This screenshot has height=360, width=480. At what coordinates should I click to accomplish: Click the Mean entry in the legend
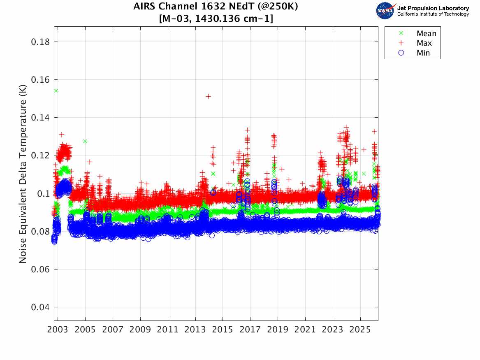click(x=426, y=34)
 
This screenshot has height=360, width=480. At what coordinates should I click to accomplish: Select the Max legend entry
click(x=424, y=43)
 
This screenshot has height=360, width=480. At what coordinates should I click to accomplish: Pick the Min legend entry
click(x=423, y=53)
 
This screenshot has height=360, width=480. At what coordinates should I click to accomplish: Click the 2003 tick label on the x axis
click(x=58, y=330)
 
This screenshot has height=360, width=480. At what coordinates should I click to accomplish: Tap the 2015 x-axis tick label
click(x=223, y=330)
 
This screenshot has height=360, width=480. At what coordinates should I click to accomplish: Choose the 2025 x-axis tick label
click(x=360, y=330)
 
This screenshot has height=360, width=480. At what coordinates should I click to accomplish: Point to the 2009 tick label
click(x=140, y=330)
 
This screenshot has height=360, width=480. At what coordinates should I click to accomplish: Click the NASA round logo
click(x=385, y=11)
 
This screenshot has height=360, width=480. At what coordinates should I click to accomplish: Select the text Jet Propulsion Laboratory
click(x=433, y=8)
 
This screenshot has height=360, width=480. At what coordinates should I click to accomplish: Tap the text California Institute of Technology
click(x=433, y=14)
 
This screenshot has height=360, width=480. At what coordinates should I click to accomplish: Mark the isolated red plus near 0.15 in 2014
click(x=209, y=96)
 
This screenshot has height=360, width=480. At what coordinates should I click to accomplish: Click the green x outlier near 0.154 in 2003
click(x=56, y=91)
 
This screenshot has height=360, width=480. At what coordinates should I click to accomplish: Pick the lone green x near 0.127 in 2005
click(x=85, y=141)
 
